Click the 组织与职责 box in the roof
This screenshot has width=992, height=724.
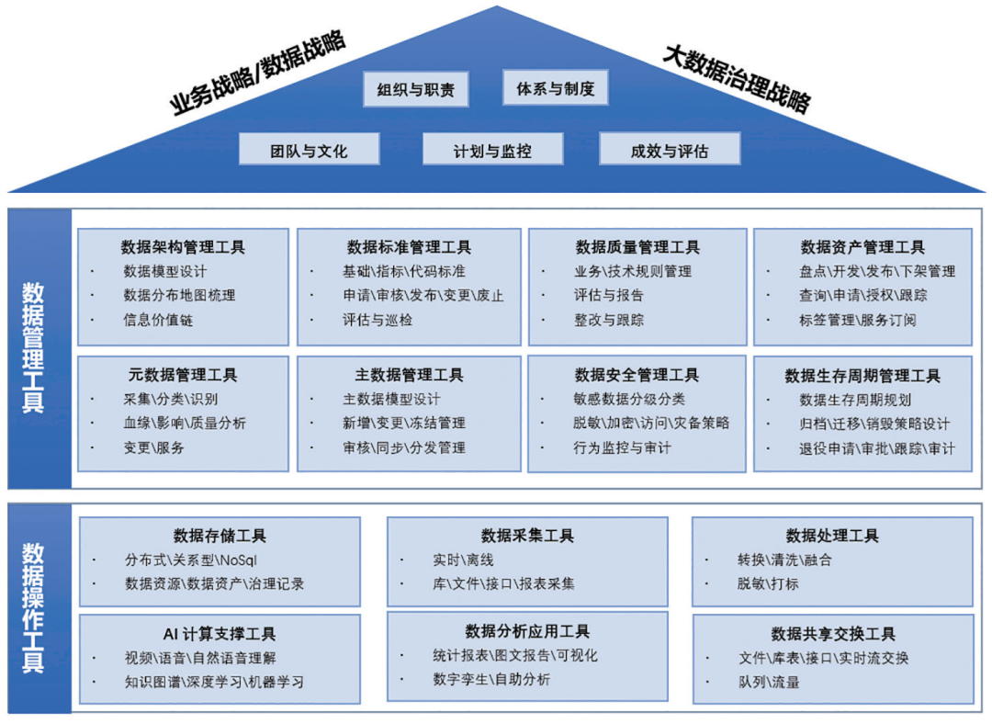(x=416, y=88)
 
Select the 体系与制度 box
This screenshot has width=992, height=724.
(x=556, y=87)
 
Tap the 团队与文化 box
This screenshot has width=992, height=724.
(x=310, y=150)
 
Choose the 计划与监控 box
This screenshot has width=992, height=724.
(x=492, y=150)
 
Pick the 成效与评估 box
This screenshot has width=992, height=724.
(x=670, y=150)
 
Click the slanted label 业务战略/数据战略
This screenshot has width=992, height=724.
(x=259, y=73)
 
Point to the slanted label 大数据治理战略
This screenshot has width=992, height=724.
(x=738, y=78)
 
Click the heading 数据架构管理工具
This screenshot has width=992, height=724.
(x=183, y=246)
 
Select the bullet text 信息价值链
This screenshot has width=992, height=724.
(x=158, y=320)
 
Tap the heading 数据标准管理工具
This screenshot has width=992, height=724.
(x=409, y=246)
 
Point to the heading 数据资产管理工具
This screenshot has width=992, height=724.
(x=862, y=246)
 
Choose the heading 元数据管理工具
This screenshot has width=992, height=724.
(x=183, y=375)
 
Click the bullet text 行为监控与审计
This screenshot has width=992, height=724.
(x=622, y=447)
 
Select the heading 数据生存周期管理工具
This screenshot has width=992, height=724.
(x=862, y=375)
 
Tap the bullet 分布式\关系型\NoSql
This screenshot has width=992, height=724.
(x=190, y=560)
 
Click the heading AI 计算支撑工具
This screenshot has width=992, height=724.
(x=220, y=634)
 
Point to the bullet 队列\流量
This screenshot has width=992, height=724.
(x=769, y=682)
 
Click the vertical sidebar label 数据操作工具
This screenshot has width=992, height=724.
(x=33, y=607)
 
